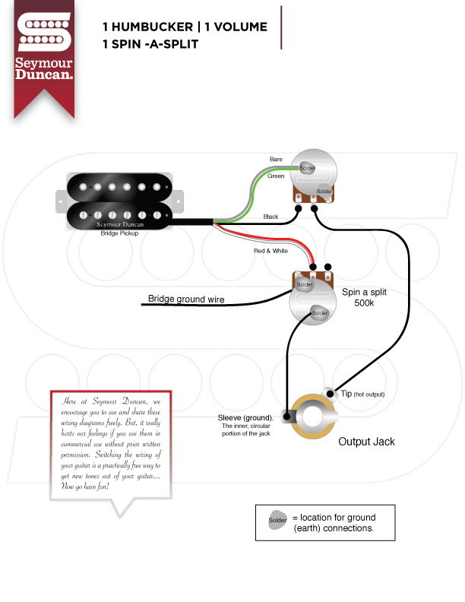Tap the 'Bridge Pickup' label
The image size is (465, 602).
(x=119, y=233)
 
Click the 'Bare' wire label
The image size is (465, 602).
(x=276, y=159)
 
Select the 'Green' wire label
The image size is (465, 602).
(x=276, y=176)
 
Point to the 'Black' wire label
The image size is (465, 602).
(x=270, y=217)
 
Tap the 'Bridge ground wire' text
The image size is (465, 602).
(x=186, y=299)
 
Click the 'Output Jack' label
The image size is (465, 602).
(x=366, y=442)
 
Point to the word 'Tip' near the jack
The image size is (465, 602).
(x=346, y=393)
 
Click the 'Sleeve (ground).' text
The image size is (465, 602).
(x=245, y=417)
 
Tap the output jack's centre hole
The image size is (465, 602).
(x=312, y=417)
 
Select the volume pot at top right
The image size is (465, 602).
(x=312, y=176)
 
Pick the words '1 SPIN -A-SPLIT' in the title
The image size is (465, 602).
(x=150, y=43)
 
